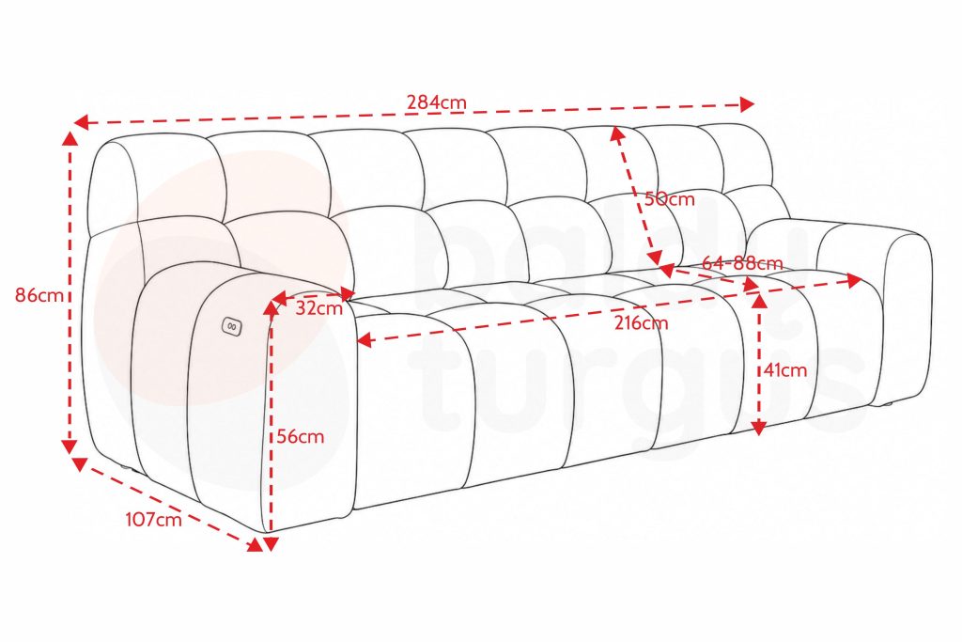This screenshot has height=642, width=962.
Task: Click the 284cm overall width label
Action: click(x=436, y=102)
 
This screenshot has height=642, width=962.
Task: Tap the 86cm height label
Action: click(x=39, y=295)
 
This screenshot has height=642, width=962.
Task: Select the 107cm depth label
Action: click(x=154, y=519)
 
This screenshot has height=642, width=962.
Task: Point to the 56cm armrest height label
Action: click(x=300, y=436)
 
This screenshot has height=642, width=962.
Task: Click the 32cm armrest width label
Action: click(x=319, y=307)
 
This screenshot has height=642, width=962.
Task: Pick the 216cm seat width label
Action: click(x=641, y=322)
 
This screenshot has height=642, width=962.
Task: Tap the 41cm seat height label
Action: click(x=785, y=370)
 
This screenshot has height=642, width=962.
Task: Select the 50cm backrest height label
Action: click(x=669, y=199)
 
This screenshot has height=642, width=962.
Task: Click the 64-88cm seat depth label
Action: click(x=742, y=263)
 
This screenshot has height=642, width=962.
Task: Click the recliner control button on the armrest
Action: click(x=231, y=326)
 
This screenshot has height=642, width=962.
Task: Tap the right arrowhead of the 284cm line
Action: click(x=747, y=104)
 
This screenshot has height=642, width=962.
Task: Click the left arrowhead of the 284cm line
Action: click(x=81, y=122)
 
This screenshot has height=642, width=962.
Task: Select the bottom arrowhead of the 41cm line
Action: click(x=759, y=429)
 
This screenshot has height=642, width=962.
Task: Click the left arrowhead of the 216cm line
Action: click(x=365, y=339)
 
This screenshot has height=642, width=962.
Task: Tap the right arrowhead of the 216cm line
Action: click(x=855, y=280)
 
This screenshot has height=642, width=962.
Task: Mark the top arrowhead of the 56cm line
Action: click(x=271, y=308)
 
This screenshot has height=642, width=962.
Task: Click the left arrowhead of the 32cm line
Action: click(x=279, y=299)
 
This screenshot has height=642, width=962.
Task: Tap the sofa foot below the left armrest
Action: click(x=127, y=468)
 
